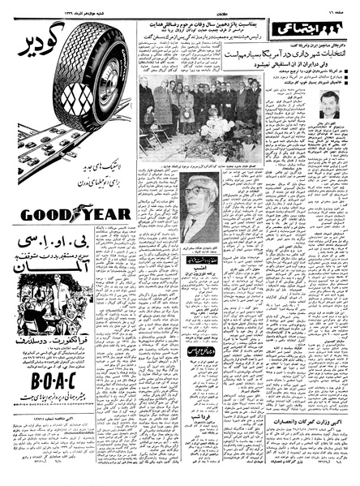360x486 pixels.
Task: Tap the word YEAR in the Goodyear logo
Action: pos(103,214)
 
